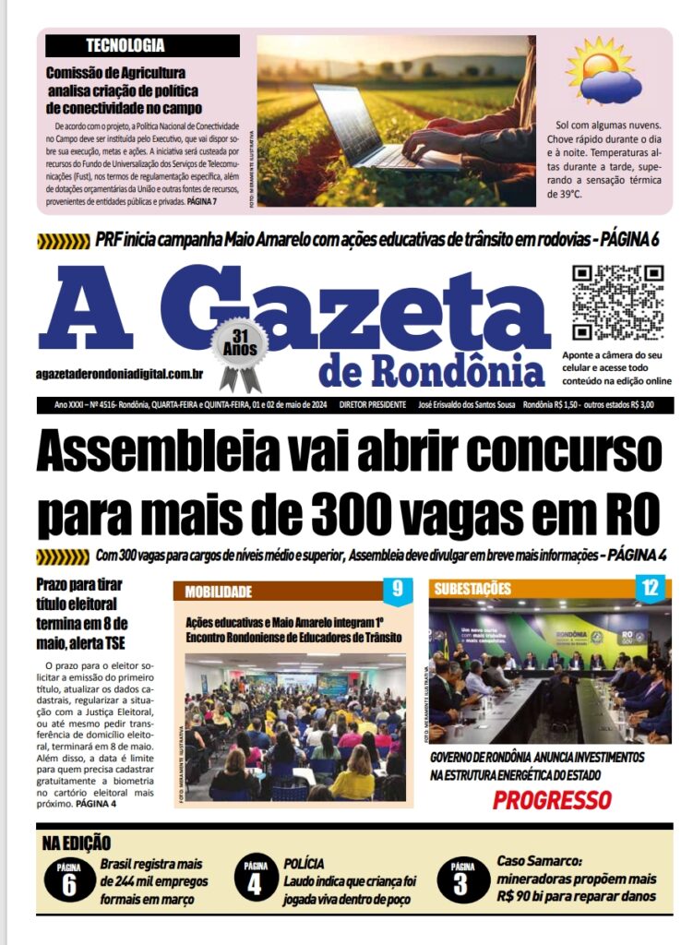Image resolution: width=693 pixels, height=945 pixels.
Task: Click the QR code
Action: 617,303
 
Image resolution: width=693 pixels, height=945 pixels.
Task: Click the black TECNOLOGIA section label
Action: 142,45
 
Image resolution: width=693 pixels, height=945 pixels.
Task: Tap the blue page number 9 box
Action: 398,589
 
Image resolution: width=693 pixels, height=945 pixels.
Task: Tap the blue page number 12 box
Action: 651,589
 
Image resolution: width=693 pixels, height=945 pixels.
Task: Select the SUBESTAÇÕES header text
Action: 472,589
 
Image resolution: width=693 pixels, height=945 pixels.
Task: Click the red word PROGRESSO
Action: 552,799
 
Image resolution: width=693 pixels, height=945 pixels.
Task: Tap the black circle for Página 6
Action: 69,880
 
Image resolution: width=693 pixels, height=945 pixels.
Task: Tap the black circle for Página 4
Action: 256,880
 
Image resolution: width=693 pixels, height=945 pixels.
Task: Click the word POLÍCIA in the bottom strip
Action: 305,864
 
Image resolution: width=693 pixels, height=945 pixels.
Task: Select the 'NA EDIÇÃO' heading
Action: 77,843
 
